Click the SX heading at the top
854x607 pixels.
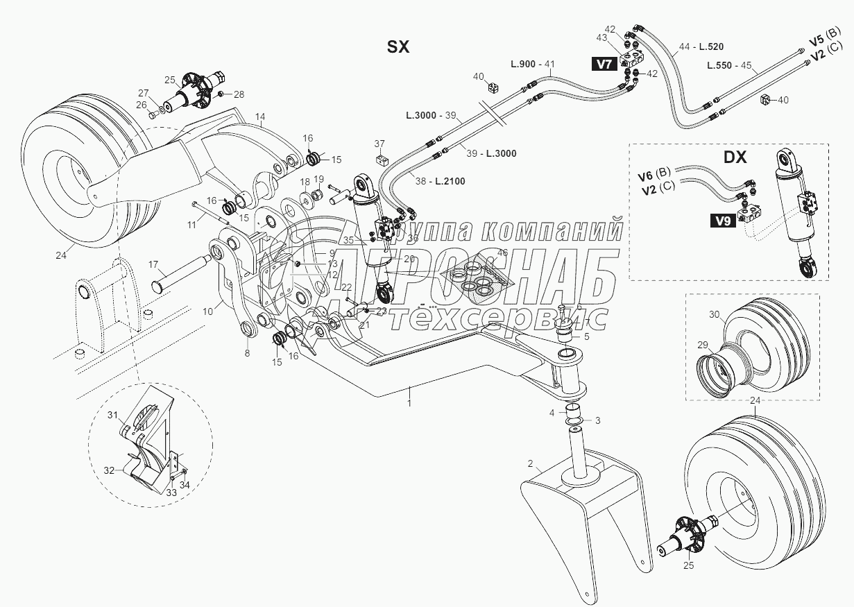(x=398, y=46)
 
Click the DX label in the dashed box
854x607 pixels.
(x=735, y=157)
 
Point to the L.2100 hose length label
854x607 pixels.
(x=450, y=181)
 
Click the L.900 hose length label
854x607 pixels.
(x=523, y=64)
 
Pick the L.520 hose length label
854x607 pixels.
(x=711, y=47)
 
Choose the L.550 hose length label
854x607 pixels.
(x=721, y=65)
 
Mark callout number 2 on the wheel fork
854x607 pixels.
(x=529, y=463)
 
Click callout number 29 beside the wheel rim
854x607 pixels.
(x=702, y=345)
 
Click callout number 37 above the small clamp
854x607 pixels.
(x=379, y=144)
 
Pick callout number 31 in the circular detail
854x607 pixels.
(x=112, y=415)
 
